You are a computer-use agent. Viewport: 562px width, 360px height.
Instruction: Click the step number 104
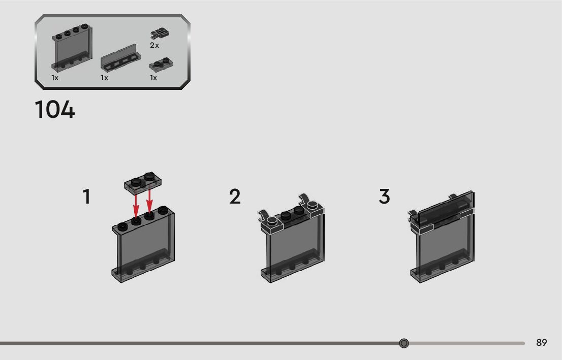(55, 110)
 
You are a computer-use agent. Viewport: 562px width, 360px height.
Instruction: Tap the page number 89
(542, 343)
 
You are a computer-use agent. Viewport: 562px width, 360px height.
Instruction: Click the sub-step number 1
(87, 197)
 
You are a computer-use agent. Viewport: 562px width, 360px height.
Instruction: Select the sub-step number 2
(235, 197)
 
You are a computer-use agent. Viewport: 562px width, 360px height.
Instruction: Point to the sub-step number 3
(385, 197)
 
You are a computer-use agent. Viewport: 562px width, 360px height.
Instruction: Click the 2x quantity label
(154, 45)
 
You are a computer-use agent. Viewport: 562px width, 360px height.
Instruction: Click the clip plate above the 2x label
(160, 34)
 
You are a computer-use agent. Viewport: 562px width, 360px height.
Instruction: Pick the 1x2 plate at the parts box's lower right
(161, 64)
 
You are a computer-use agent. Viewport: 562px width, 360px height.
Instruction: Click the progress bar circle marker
(404, 343)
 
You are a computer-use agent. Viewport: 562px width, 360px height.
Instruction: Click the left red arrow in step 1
(136, 205)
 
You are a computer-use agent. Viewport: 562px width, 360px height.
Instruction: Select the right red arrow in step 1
(149, 203)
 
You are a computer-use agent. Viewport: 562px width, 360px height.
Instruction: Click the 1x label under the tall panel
(55, 78)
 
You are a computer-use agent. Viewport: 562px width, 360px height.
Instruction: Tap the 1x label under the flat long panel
(105, 78)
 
